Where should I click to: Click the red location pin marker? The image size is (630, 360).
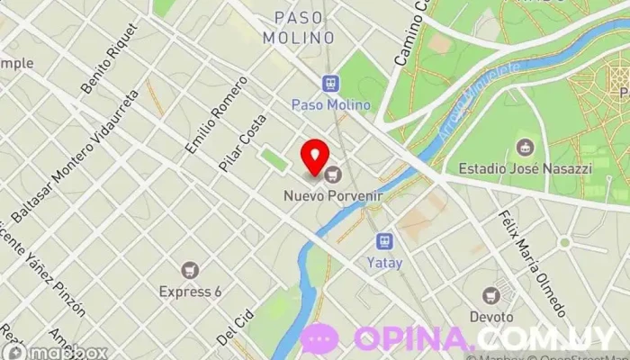pos(314,156)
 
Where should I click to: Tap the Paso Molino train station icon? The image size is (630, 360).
pos(331,83)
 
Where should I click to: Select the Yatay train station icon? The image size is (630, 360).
pos(384,242)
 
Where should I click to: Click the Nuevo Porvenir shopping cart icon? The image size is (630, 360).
pos(334,174)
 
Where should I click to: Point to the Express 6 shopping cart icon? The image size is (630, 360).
pos(190,269)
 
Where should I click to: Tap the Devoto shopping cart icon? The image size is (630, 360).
pos(490,295)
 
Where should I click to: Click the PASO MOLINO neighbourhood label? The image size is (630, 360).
pos(298,28)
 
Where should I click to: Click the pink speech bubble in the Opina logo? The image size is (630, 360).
pos(319,338)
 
